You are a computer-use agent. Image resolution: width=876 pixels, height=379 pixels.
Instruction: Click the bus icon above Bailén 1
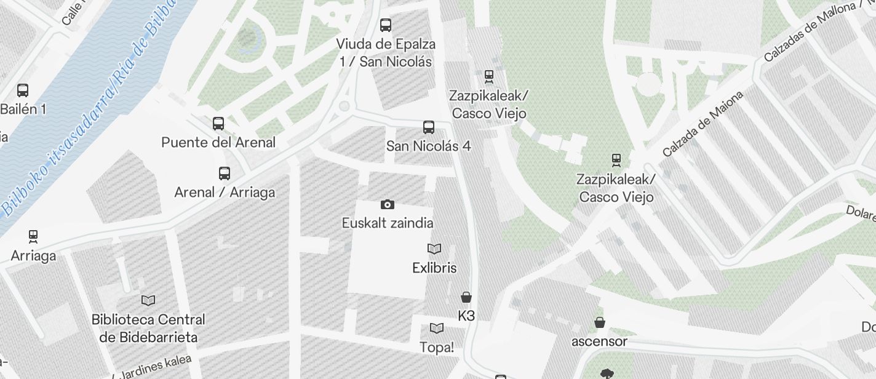(23, 90)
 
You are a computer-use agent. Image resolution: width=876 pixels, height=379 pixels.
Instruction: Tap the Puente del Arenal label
(218, 143)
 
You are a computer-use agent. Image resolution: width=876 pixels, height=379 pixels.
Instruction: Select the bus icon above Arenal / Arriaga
(225, 174)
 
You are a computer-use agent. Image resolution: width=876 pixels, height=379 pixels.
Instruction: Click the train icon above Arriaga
(33, 237)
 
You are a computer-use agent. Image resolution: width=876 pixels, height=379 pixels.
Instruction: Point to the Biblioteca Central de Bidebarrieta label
(148, 329)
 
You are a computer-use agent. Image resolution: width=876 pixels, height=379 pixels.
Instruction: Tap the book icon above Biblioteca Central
(148, 300)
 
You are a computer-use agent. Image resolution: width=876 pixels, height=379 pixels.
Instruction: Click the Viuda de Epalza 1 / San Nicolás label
(386, 53)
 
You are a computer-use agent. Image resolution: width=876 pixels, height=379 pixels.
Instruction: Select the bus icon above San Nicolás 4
(429, 127)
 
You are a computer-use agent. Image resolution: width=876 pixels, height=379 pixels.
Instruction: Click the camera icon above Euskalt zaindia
(387, 204)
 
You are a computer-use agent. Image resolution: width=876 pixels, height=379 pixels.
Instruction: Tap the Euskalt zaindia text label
(388, 223)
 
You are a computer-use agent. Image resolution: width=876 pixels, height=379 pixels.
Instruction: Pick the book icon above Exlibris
(434, 249)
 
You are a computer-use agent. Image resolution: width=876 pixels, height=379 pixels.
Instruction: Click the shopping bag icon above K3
(466, 297)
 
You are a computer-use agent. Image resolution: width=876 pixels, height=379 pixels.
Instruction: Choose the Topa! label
(437, 347)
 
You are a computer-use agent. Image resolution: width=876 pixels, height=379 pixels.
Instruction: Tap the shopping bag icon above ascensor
(600, 322)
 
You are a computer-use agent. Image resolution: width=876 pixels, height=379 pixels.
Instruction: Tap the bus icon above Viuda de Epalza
(386, 25)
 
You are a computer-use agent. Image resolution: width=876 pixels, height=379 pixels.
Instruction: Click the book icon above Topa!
(437, 328)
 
